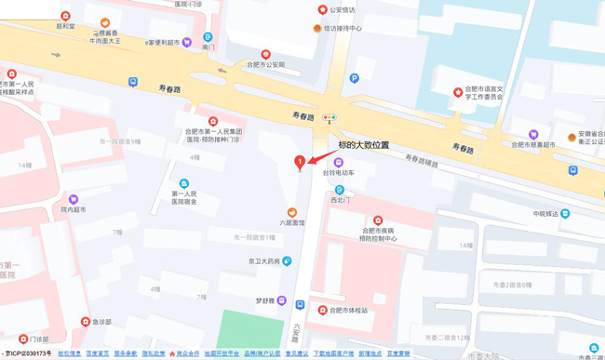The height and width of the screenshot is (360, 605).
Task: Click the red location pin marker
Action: coord(299,163)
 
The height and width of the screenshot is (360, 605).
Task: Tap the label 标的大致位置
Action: coord(363,145)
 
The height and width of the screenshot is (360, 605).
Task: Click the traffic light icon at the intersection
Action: coord(329,118)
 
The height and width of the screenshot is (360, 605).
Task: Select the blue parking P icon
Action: coord(354,79)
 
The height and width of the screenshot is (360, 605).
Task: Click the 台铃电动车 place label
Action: coord(339,173)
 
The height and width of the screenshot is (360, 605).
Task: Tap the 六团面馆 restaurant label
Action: coord(291,222)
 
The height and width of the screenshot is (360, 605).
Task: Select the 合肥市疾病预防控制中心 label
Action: coord(379,233)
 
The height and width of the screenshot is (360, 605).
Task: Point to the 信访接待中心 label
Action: coord(343,29)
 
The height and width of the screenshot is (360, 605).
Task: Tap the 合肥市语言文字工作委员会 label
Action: coord(484,92)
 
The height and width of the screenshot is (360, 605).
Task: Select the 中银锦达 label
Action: coord(545,214)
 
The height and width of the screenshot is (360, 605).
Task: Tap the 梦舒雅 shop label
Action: coord(271,300)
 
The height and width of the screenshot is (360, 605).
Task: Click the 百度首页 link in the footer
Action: coord(97,354)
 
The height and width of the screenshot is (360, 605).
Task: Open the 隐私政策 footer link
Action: coord(154,354)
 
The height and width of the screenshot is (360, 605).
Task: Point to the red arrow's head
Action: coord(310,160)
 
